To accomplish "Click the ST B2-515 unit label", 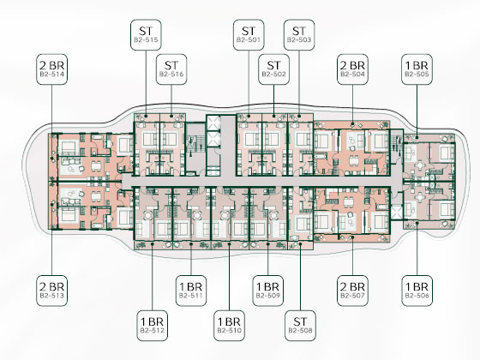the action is (x=146, y=35).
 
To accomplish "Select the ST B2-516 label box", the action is (x=171, y=69).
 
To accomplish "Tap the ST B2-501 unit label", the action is (x=249, y=35).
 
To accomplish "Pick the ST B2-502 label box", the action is (x=273, y=69).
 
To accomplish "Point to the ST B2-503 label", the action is (x=299, y=35).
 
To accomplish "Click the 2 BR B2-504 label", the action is (x=352, y=69).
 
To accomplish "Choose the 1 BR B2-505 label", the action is (x=417, y=69).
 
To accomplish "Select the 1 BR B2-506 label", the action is (x=417, y=291).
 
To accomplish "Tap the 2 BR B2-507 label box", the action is (x=352, y=291).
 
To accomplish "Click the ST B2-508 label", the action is (x=300, y=326).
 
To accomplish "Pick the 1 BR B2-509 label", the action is (x=268, y=291).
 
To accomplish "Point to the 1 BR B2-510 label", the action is (x=230, y=326).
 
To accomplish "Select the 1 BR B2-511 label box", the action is (x=191, y=291).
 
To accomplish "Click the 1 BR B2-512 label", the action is (x=153, y=326).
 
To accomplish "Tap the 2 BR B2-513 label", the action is (x=51, y=291).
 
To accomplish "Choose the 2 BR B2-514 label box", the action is (x=51, y=69).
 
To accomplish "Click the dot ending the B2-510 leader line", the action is (x=230, y=244).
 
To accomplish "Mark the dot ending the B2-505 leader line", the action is (x=417, y=137).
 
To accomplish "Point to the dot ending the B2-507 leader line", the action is (x=352, y=237).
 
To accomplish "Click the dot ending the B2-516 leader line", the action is (x=171, y=116).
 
